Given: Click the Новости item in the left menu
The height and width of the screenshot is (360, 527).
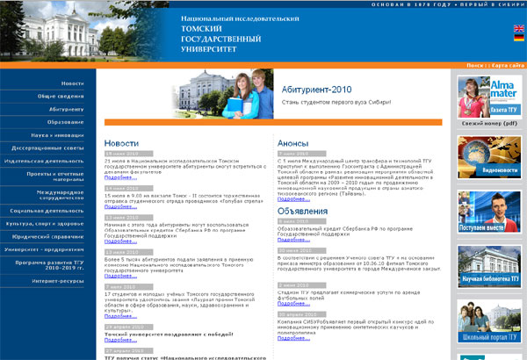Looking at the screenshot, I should pyautogui.click(x=73, y=83).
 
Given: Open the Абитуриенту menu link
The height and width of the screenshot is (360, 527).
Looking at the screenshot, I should pyautogui.click(x=67, y=109).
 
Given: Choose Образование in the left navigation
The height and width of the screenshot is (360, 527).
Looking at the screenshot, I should pyautogui.click(x=67, y=122).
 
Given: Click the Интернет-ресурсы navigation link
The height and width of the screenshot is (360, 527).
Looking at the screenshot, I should pyautogui.click(x=58, y=281).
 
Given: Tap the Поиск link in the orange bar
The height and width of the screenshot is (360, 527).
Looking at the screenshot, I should pyautogui.click(x=474, y=66).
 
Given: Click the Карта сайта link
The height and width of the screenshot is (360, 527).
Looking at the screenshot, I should pyautogui.click(x=508, y=66).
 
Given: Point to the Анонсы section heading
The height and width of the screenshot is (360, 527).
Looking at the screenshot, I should pyautogui.click(x=292, y=142).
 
